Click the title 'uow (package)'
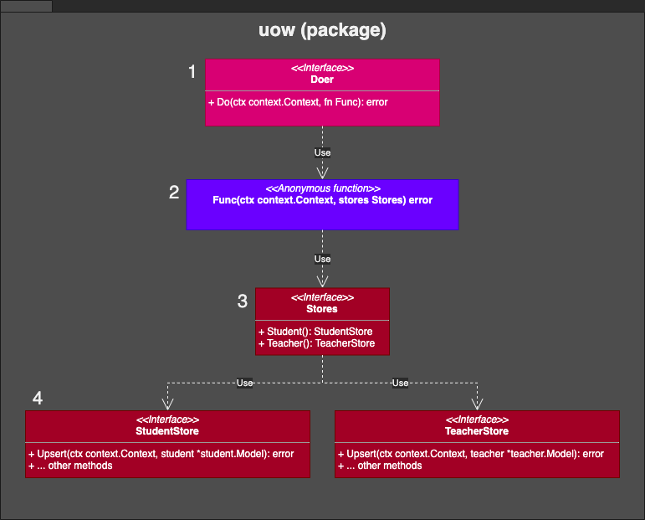(322, 31)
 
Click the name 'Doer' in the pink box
(322, 80)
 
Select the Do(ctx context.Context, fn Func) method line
(298, 102)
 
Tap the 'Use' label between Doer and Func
(322, 152)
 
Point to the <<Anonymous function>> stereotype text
(322, 189)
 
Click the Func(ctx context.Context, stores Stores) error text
(322, 201)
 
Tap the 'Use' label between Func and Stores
(322, 259)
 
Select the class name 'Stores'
(322, 309)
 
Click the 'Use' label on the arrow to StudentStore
(244, 383)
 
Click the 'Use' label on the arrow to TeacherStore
(400, 383)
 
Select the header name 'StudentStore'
(167, 431)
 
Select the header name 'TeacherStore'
(477, 431)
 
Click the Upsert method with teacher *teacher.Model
(471, 454)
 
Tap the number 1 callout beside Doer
(192, 73)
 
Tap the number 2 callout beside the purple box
(174, 193)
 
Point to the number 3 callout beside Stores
(243, 301)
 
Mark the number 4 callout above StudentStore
(38, 398)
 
